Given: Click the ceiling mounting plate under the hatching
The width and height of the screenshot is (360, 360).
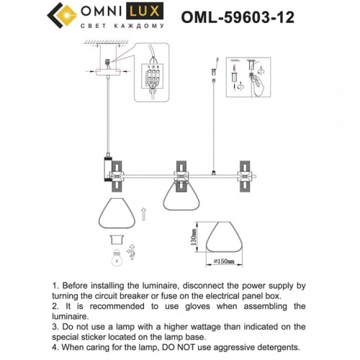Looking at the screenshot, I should [x=107, y=71].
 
